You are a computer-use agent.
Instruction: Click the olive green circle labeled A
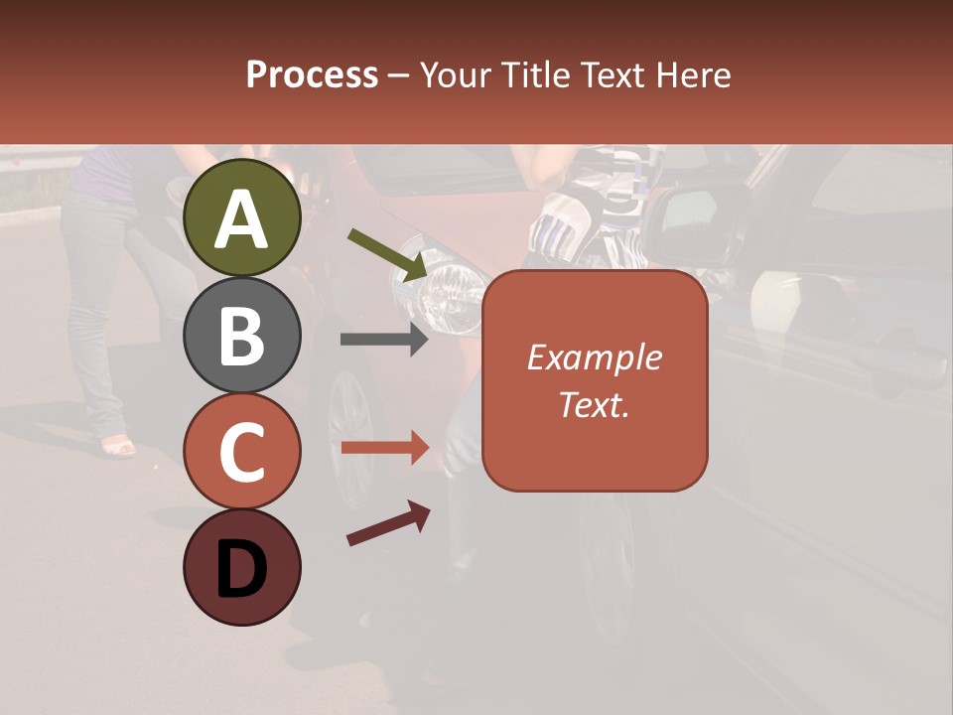241,217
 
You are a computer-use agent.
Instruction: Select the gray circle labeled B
241,335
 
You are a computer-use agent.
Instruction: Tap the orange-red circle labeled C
241,451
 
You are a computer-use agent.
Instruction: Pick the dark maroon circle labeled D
241,567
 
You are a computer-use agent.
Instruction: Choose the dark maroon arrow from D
387,523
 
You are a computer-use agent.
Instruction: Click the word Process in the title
312,74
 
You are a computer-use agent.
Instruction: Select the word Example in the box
595,357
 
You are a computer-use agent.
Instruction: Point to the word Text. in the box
595,404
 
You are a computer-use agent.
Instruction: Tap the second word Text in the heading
614,74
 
